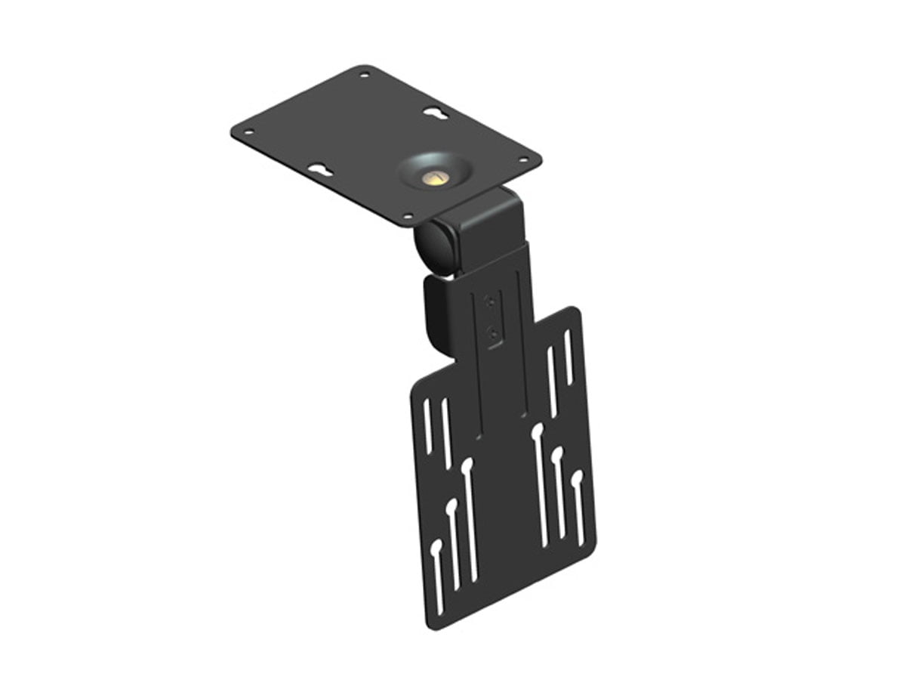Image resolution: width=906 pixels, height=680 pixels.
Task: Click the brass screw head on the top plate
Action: [433, 178]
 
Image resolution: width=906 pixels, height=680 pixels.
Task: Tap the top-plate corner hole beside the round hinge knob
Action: [408, 218]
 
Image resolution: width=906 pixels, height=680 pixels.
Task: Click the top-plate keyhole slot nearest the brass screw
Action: [433, 113]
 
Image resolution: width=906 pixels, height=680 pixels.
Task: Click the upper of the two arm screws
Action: [492, 301]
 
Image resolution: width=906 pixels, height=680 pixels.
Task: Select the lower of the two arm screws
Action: [492, 330]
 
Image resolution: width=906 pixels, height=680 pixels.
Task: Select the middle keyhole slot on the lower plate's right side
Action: [559, 495]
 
